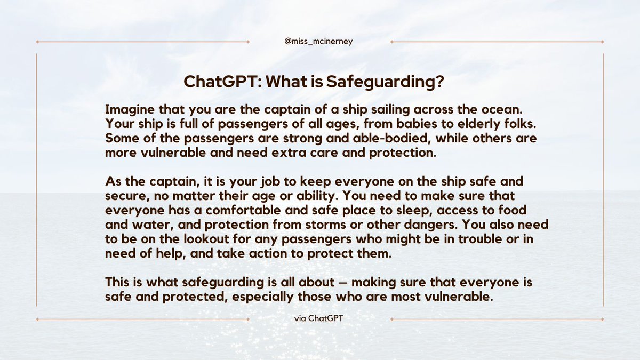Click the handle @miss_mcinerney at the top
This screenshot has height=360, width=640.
coord(319,42)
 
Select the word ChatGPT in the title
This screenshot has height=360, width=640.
coord(222,82)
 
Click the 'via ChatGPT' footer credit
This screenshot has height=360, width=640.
coord(319,319)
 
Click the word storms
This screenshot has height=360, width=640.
coord(367,225)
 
